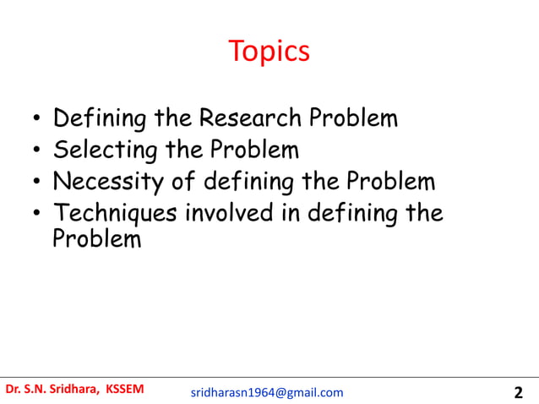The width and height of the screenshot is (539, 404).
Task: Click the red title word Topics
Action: pos(269,52)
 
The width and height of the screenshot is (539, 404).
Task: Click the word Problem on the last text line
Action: pos(96,239)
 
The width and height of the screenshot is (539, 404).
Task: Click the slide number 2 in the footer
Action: pos(518,392)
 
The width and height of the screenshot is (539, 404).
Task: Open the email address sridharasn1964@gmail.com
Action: pos(267,392)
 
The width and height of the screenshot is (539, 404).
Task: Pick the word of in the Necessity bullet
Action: pos(193,181)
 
